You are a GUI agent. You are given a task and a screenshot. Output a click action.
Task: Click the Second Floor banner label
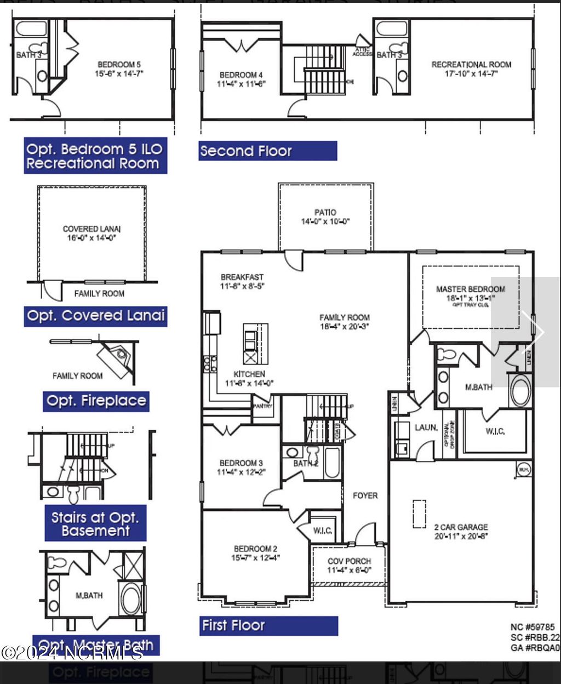pos(267,151)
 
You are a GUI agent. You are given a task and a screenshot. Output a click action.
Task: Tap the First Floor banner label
pos(268,625)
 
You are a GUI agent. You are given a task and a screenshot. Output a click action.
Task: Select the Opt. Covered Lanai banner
pos(95,316)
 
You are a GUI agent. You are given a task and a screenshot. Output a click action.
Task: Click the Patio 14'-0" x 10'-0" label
pos(325,217)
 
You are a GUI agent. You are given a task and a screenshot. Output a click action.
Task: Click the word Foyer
pos(365,495)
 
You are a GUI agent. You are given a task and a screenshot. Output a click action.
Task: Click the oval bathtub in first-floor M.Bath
pos(520,390)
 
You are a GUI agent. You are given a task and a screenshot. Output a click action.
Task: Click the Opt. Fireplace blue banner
pos(96,401)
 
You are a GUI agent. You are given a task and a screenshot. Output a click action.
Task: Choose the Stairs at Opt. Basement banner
pos(95,523)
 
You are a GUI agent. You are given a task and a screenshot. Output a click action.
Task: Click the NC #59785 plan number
pos(532,627)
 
